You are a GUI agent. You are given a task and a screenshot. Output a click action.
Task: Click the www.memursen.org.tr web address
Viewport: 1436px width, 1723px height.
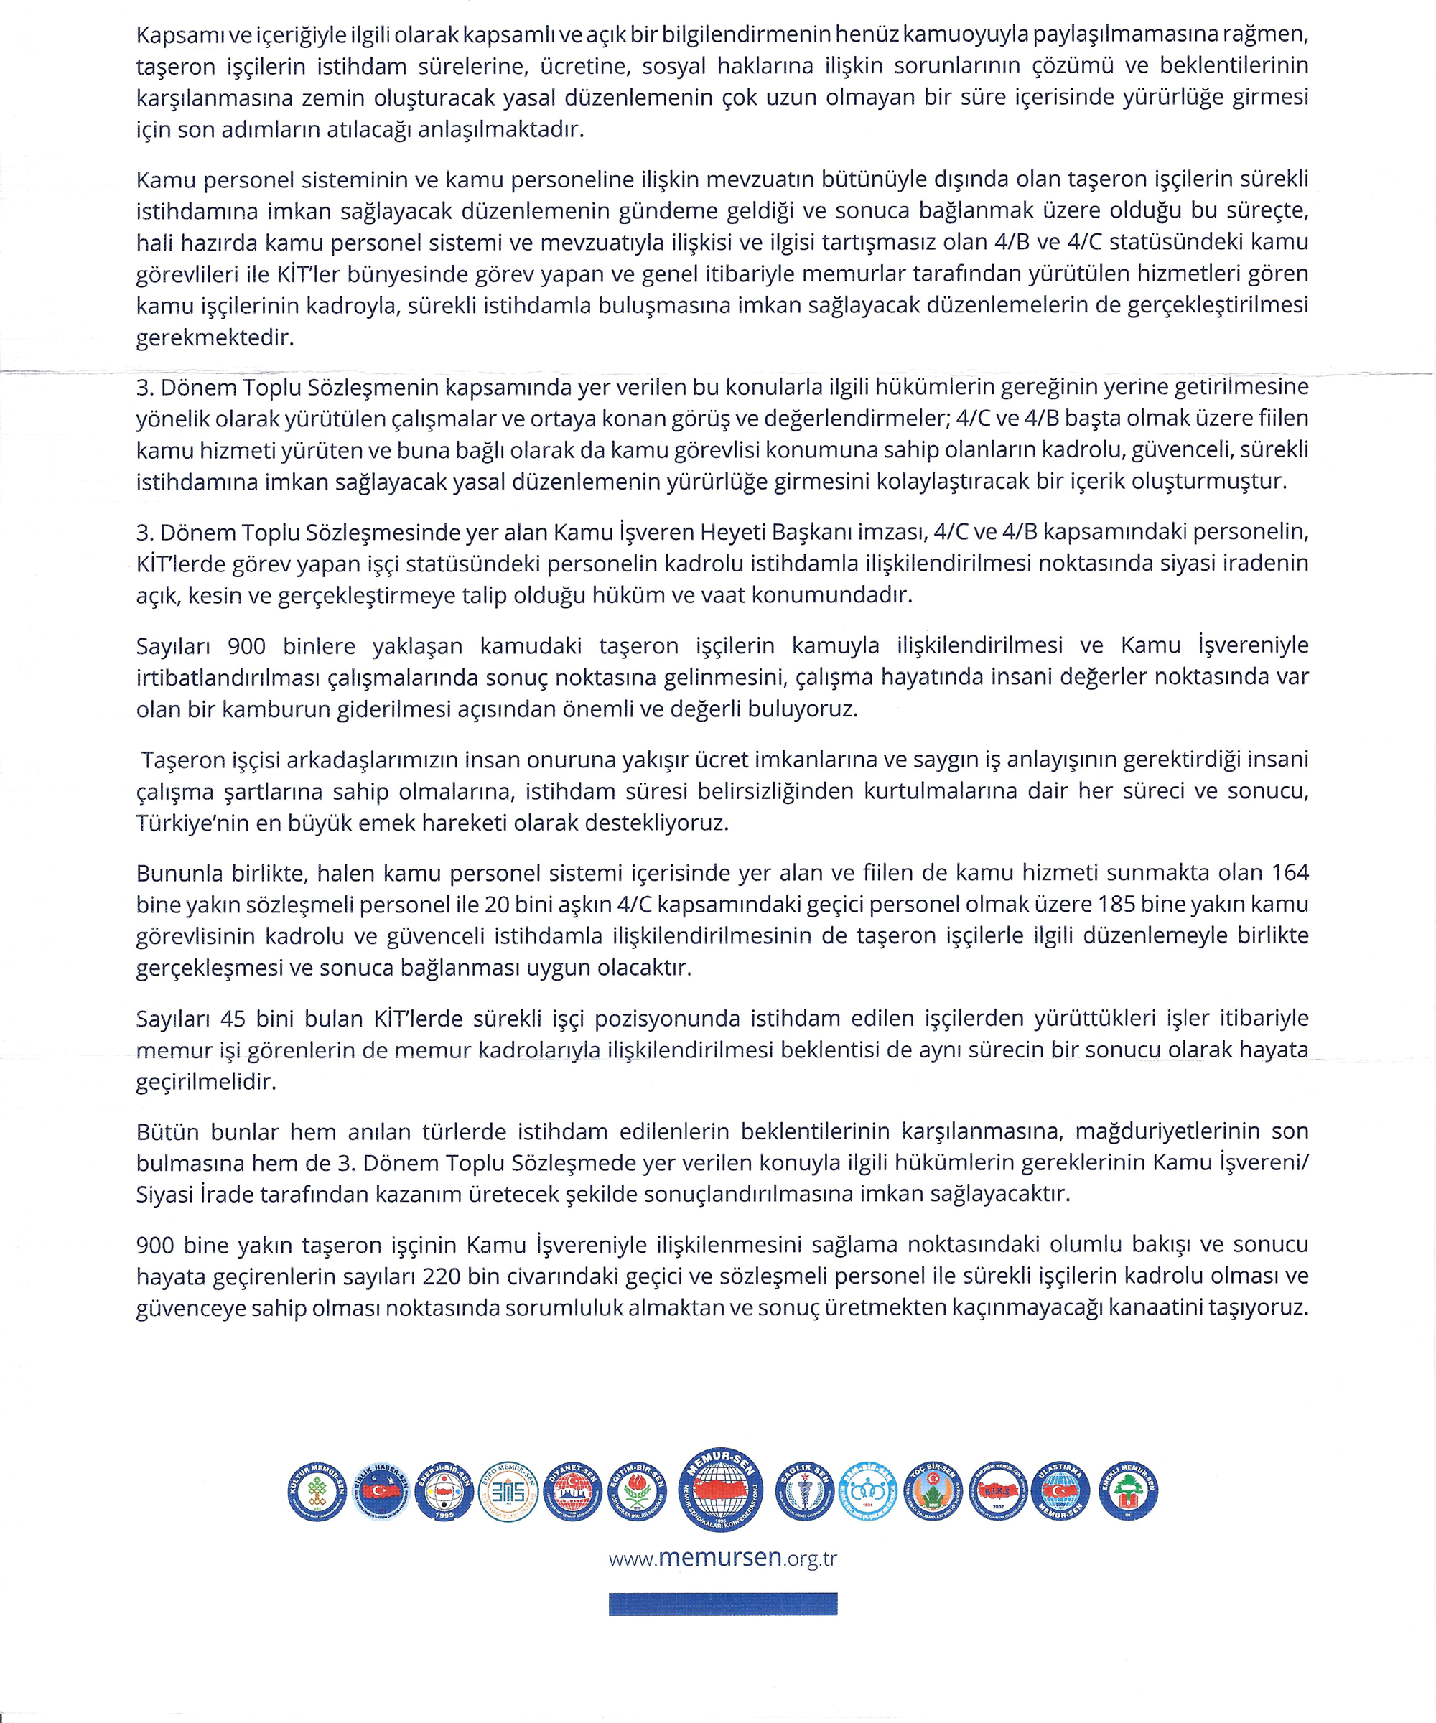pos(722,1557)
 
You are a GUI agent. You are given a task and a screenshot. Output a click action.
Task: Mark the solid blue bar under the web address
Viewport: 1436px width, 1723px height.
pos(722,1603)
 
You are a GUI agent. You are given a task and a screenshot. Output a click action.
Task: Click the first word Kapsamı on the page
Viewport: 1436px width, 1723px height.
pos(173,34)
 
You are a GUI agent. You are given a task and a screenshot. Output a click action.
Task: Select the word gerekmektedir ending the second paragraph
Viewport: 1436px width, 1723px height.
pos(214,337)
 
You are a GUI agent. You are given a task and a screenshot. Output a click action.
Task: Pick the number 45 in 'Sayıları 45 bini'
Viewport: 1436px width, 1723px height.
pos(233,1018)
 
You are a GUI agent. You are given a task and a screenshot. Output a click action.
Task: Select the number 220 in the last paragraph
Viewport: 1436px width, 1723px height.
pos(442,1276)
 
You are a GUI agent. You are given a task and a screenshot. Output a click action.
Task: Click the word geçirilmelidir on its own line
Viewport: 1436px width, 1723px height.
pos(206,1081)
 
